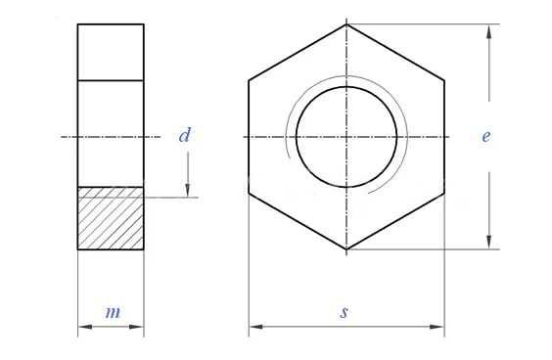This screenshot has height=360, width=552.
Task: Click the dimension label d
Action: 184,135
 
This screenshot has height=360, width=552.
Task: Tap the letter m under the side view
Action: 113,312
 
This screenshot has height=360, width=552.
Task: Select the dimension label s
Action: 344,312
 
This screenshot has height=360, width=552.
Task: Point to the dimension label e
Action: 485,136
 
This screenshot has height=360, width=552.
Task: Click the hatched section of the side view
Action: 111,218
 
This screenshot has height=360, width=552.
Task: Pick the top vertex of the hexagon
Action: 346,24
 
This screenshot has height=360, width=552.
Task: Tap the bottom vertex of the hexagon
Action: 346,249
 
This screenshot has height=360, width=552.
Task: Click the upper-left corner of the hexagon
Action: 249,80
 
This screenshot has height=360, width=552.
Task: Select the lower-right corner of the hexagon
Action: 444,193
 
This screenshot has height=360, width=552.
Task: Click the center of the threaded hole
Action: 346,137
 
